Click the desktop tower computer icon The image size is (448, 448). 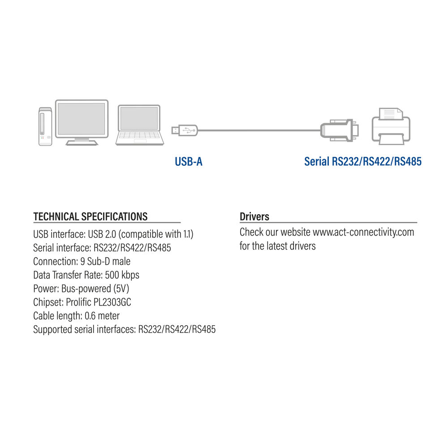pos(45,127)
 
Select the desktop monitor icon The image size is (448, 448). pos(82,123)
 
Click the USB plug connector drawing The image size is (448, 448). pos(185,130)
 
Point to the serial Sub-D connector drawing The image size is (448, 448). pos(340,130)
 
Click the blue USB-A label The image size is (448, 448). pos(189,161)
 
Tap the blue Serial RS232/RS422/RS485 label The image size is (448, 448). pos(363,161)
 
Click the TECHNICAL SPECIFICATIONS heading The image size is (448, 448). pos(90,216)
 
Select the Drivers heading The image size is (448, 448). pos(254,216)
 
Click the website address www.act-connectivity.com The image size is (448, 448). pos(363,232)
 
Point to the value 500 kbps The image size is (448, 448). pos(122,275)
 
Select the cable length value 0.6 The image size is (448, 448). pos(90,316)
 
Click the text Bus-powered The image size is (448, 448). pos(86,289)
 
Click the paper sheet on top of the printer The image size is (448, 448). pos(391,114)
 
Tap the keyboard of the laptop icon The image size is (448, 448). pos(139,137)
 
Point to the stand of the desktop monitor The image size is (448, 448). pos(82,142)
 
